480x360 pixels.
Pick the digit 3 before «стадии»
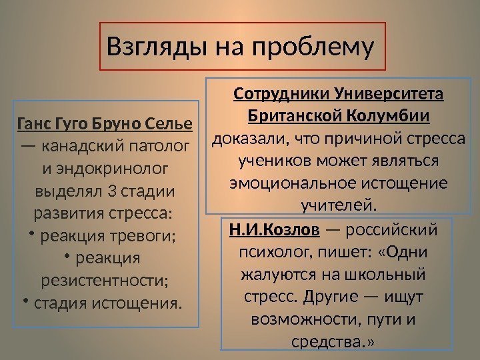pyautogui.click(x=111, y=192)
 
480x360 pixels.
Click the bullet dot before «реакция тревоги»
pyautogui.click(x=31, y=234)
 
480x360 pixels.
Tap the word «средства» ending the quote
pyautogui.click(x=329, y=343)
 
